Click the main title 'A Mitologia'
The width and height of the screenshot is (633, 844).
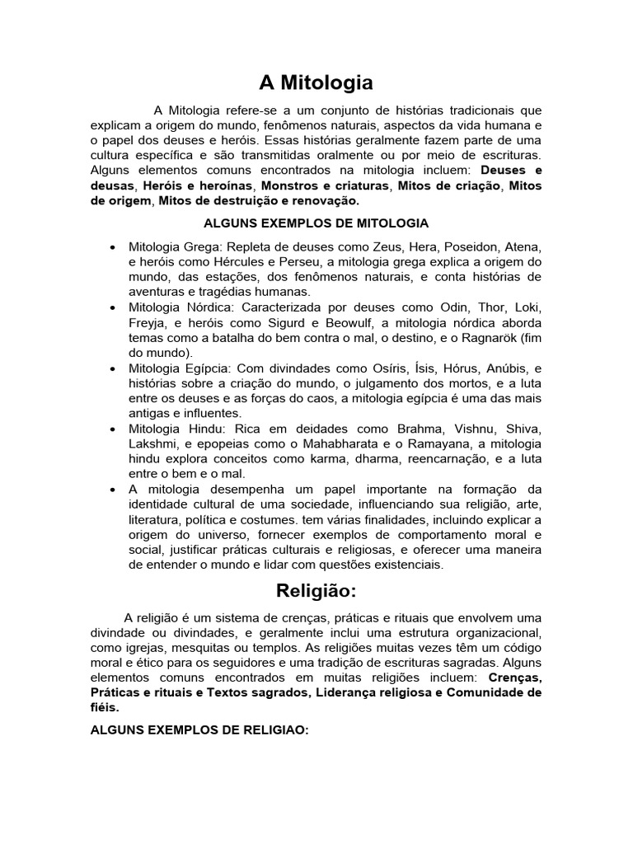[x=316, y=82]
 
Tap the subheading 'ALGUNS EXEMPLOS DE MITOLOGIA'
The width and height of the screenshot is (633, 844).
[x=316, y=223]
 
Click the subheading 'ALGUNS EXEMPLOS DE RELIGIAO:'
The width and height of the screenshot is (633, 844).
[x=199, y=730]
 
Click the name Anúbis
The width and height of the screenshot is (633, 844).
[x=507, y=368]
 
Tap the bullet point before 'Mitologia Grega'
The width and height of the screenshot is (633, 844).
[x=111, y=248]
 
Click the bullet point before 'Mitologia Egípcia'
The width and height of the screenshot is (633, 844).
[x=111, y=368]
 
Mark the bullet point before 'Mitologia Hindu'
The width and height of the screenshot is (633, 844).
[x=111, y=429]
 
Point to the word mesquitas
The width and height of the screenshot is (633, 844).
[x=186, y=648]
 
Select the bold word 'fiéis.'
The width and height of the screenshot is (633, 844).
[x=105, y=707]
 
